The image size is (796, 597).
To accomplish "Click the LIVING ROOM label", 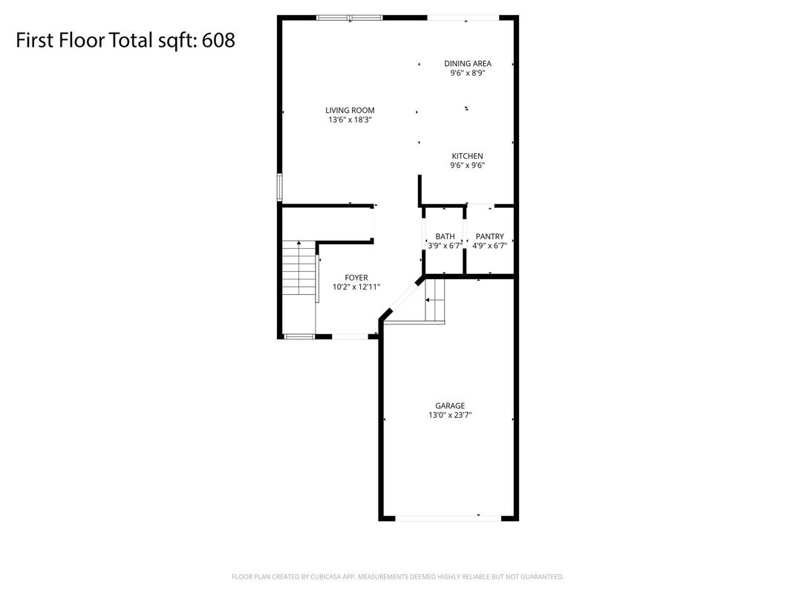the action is point(350,110).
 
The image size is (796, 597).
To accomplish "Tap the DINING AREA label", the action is point(468,63).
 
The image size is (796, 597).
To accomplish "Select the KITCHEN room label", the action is point(468,156).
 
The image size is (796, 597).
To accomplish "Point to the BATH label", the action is point(446,237).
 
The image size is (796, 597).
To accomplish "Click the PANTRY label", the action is point(490,237).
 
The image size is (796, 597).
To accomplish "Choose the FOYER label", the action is point(356,278).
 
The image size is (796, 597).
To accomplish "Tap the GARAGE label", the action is point(450,405).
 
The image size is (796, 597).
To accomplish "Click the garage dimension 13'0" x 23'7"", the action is point(450,415).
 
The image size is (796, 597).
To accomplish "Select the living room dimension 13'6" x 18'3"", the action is point(350,120).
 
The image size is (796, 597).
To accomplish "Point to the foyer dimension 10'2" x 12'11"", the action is point(356,287).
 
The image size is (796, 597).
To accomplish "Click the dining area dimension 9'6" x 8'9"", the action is point(468,73).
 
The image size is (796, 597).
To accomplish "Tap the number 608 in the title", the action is point(218,40).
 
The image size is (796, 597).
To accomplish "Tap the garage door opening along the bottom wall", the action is point(448,518).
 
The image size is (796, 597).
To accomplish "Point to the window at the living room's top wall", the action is point(349,18).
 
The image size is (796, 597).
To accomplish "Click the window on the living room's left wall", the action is point(279,188).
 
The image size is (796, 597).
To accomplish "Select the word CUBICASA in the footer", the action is point(325,577).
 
